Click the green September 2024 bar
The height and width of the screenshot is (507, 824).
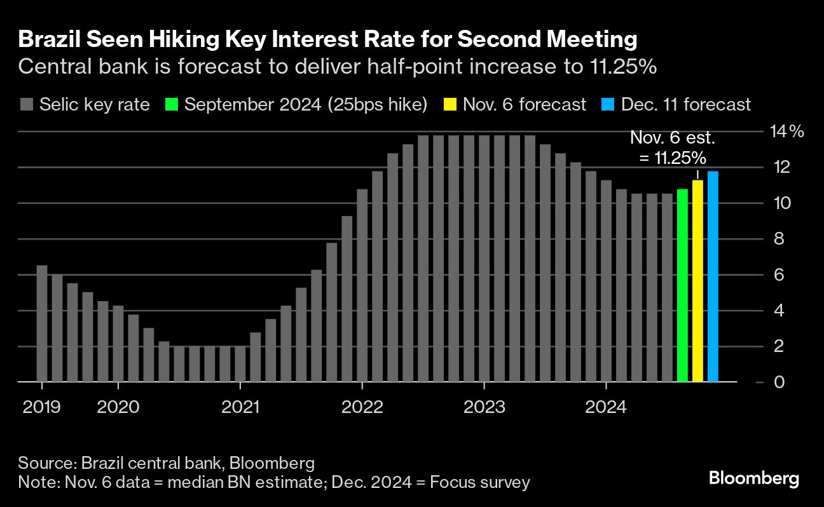coord(682,286)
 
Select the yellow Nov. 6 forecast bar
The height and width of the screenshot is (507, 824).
coord(697,281)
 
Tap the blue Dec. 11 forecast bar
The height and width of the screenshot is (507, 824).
coord(713,277)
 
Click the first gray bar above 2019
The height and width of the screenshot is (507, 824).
coord(42,323)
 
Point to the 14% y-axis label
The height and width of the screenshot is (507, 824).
coord(787,132)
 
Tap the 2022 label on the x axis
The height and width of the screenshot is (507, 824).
coord(362,407)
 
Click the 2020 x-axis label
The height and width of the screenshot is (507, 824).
coord(118,407)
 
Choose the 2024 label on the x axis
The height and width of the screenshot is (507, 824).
coord(607,407)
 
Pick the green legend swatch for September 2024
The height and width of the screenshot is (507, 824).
coord(170,104)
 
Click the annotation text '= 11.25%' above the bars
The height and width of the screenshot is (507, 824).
coord(672,158)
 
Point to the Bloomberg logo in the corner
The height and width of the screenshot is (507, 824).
coord(754,478)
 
